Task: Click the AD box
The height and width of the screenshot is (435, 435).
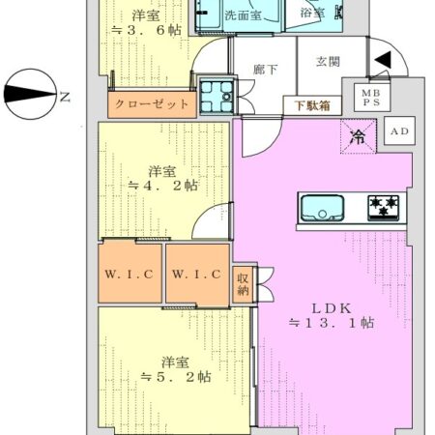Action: coord(396,130)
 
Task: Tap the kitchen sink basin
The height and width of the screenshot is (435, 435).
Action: coord(320,208)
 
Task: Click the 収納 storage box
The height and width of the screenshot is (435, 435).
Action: coord(244,284)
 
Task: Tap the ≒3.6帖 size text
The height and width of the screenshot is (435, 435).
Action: coord(147,31)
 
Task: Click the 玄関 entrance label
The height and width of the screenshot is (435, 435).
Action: coord(327,60)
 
